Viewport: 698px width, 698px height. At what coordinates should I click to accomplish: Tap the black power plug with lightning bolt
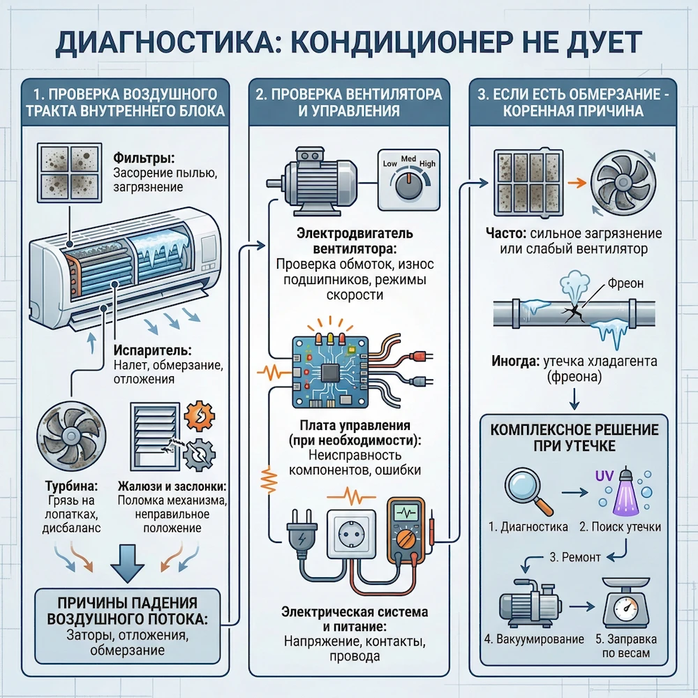coord(300,536)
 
